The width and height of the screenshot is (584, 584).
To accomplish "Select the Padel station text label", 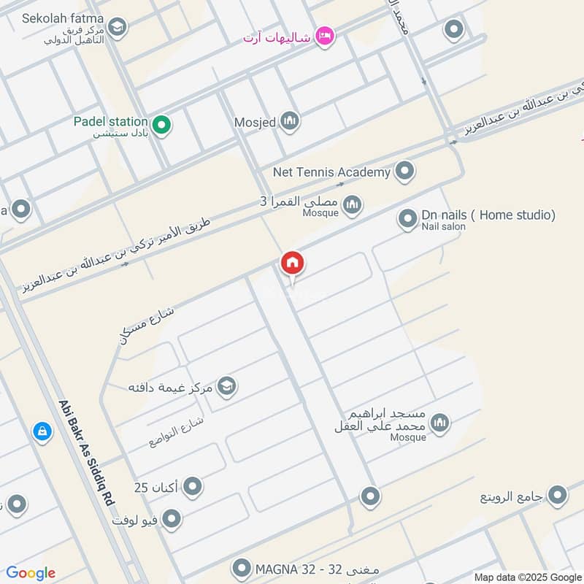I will point(111,121).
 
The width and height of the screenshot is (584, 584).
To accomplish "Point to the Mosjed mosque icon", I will point(290,122).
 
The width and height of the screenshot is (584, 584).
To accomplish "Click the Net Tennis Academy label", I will point(331,172).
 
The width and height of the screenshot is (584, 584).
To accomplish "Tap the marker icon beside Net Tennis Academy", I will point(404,172).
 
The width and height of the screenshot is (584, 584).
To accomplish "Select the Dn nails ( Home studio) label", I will point(488,215).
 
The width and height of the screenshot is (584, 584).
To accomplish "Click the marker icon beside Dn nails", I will point(407,218).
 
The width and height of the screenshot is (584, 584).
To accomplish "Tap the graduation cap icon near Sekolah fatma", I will point(118,28).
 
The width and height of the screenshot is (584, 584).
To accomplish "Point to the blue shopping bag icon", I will point(42,431).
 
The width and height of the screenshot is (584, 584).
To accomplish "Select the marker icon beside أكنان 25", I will point(193,486).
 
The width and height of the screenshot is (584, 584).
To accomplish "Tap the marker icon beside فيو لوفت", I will point(172,519).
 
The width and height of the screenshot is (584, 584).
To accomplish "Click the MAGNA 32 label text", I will point(288,568).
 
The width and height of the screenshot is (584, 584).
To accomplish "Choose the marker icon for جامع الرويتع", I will point(557,496).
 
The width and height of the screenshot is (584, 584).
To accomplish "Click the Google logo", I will point(31,573).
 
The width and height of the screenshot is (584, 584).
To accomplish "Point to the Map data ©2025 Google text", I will point(527,577).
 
